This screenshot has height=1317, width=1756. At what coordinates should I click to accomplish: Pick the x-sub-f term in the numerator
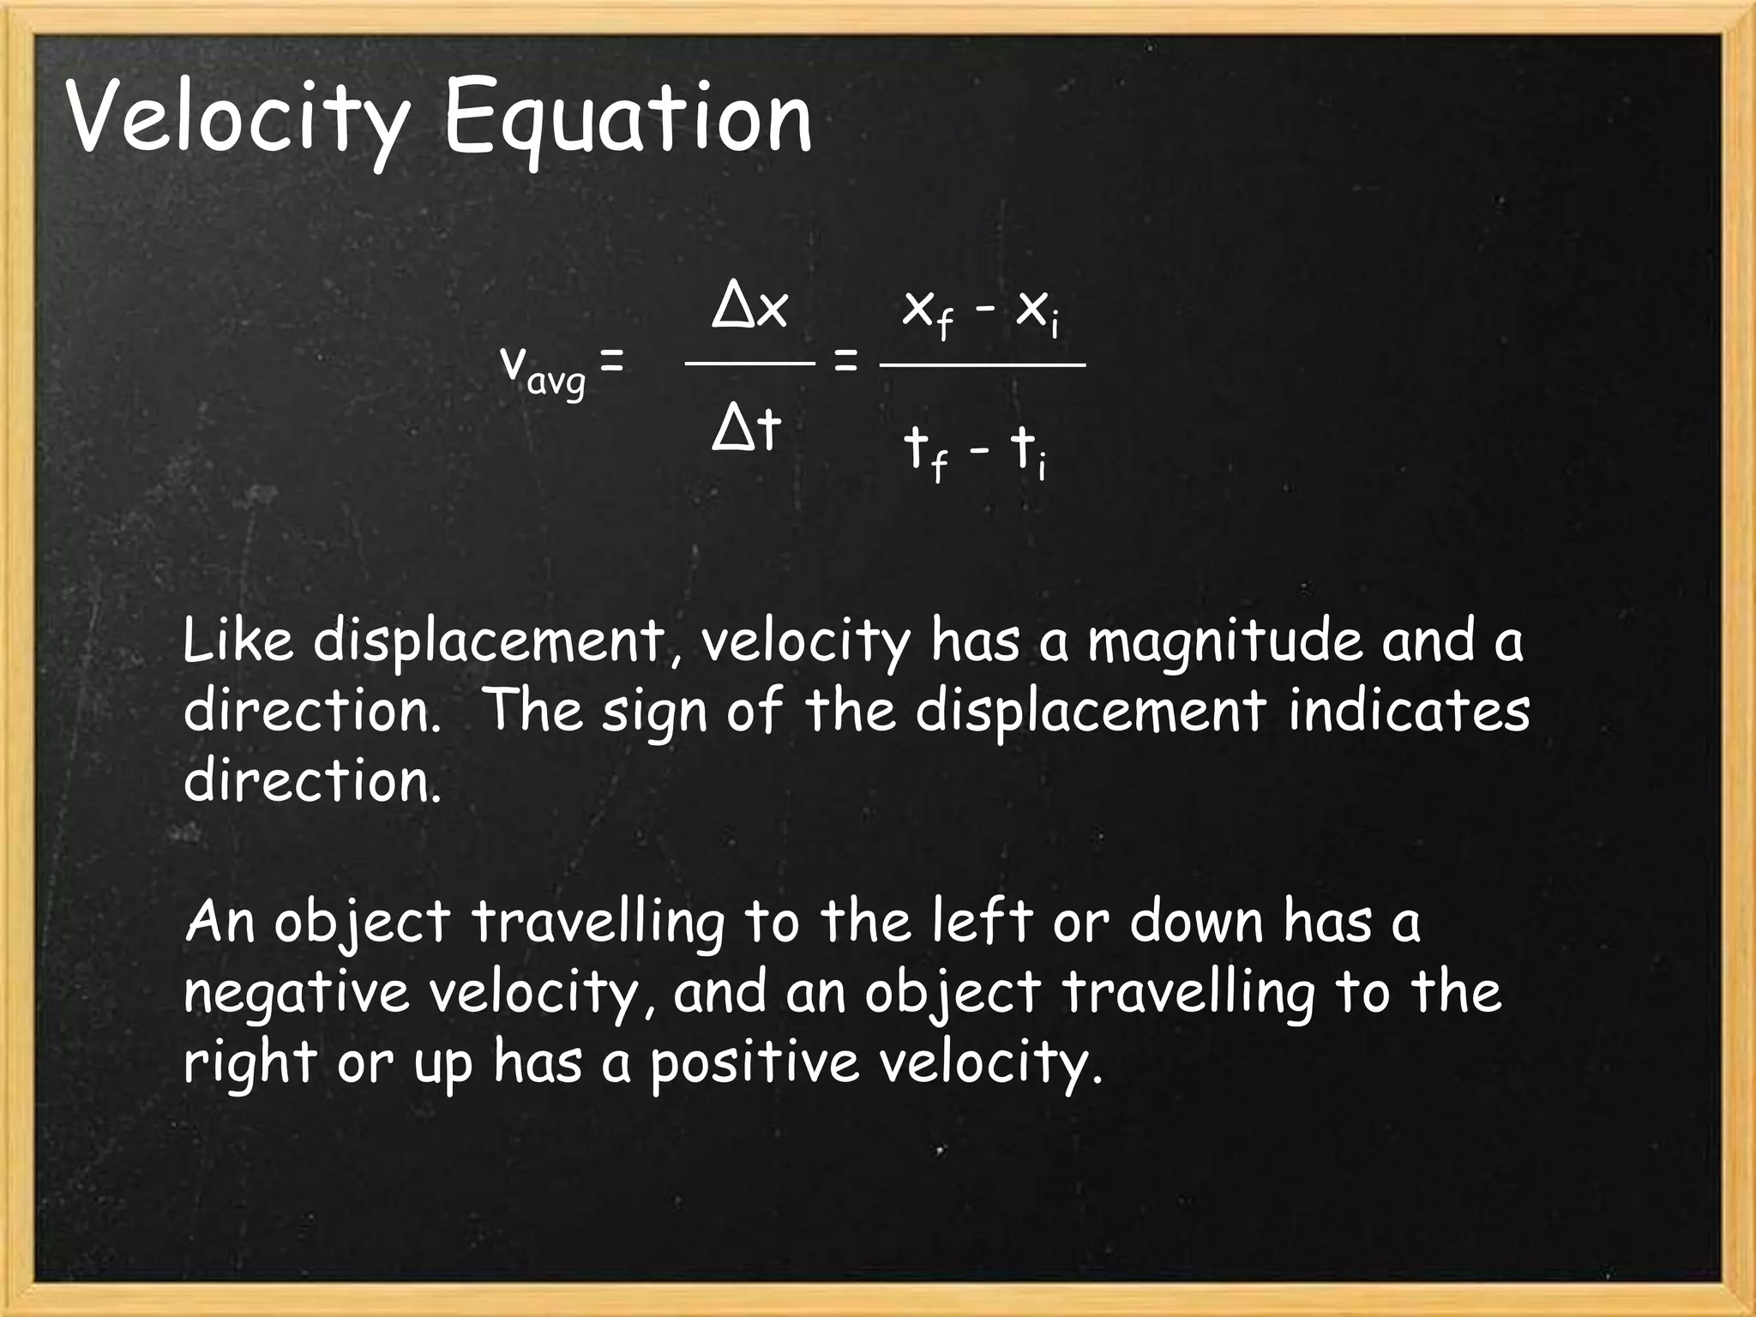[929, 313]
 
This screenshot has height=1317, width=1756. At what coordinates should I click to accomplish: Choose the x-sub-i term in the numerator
[1037, 313]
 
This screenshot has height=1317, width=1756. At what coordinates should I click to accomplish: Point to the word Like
[238, 641]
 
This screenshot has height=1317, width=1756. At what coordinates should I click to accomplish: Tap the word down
[1197, 923]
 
